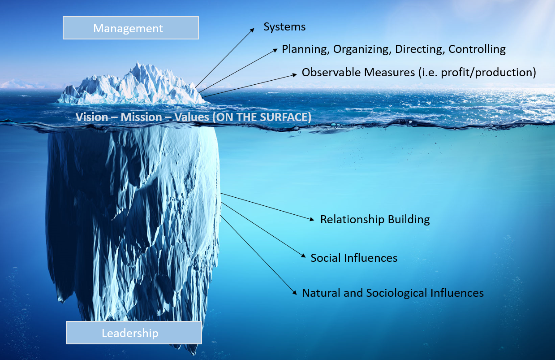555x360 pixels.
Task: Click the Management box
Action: click(x=130, y=28)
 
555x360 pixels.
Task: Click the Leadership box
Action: click(x=134, y=333)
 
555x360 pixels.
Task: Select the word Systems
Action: click(x=284, y=27)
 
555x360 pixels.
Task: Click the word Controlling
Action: click(x=477, y=50)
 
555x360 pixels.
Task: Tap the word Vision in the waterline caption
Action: click(x=92, y=117)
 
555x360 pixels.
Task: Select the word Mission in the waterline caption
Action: click(x=141, y=117)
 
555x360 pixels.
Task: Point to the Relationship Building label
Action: click(x=375, y=220)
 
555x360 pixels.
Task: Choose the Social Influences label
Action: click(x=354, y=258)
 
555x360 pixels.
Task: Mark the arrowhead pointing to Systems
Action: click(x=252, y=30)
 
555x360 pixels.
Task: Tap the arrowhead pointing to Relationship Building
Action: click(x=312, y=219)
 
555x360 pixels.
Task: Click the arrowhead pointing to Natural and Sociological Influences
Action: click(x=295, y=292)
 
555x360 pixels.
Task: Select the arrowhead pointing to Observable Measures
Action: click(x=295, y=74)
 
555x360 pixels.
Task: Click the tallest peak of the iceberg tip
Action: click(x=137, y=62)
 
